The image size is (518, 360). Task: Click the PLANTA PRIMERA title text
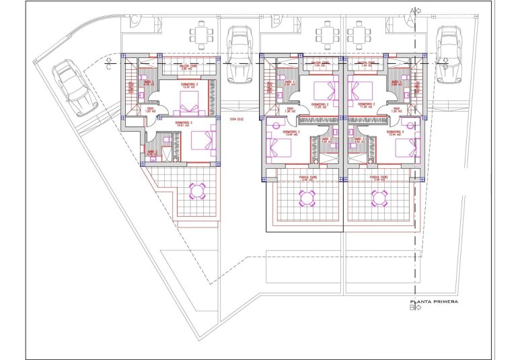(x=434, y=302)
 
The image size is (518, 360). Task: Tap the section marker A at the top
(x=414, y=11)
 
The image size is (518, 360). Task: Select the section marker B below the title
(x=414, y=309)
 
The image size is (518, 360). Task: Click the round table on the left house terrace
(x=198, y=191)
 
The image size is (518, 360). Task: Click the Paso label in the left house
(x=151, y=109)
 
